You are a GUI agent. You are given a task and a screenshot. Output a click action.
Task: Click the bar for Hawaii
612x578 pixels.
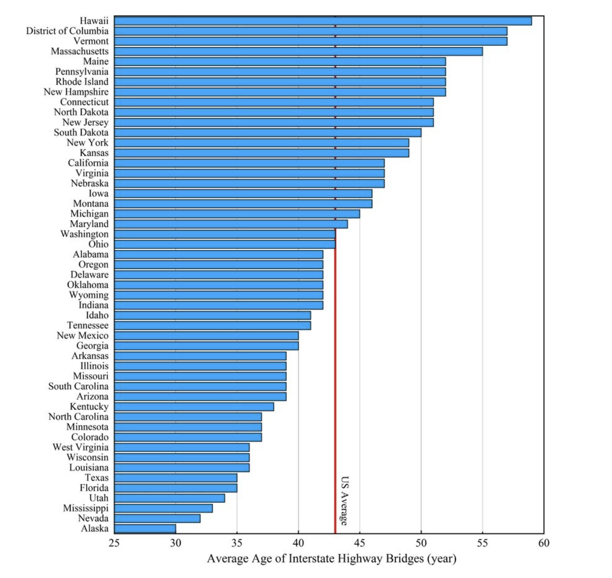pos(322,21)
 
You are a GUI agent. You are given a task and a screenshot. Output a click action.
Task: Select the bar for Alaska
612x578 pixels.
pos(145,529)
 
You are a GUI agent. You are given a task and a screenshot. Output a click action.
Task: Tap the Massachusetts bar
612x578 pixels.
pos(298,52)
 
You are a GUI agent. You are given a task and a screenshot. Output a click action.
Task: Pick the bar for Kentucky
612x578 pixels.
pos(194,407)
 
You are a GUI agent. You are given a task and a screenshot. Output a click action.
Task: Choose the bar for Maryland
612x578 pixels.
pos(231,224)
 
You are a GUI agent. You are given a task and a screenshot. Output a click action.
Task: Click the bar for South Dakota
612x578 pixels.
pos(267,133)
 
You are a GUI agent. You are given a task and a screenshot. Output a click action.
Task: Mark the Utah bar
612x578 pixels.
pos(169,498)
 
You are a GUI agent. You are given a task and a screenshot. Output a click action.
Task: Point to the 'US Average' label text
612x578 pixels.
pos(345,500)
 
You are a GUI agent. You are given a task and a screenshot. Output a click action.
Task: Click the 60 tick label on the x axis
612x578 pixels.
pos(544,543)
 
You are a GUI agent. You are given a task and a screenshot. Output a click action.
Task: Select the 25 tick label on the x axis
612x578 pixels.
pos(114,543)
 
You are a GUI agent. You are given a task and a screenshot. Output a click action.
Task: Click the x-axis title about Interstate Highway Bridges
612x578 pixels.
pos(331,559)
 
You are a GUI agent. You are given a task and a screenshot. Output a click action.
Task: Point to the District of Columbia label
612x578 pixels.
pos(67,31)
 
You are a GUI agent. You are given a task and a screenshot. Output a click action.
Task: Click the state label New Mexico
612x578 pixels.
pos(83,336)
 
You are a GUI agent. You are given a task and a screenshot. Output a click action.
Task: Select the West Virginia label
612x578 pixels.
pos(81,447)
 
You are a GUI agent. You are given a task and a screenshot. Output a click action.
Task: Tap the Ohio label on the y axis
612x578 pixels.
pos(98,244)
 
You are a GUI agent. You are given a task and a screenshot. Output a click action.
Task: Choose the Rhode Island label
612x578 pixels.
pos(82,82)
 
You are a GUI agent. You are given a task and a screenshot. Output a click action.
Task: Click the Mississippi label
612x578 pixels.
pos(86,508)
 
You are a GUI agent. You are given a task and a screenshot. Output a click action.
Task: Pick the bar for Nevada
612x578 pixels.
pos(157,518)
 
